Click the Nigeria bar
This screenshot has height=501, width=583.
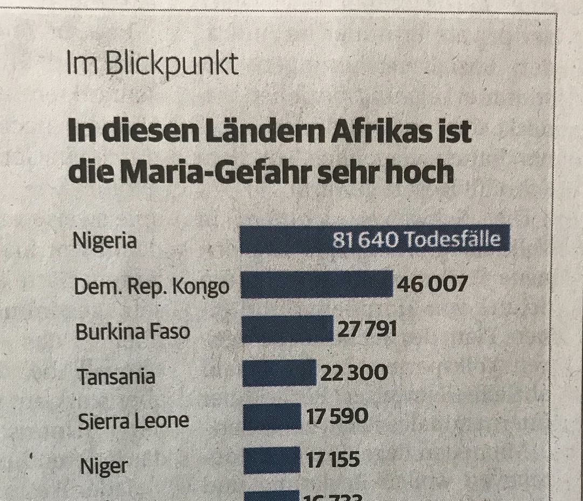coord(286,239)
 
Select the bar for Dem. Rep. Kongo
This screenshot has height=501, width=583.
coord(316,284)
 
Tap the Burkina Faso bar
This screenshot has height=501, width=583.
coord(287,329)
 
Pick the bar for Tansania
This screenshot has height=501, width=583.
coord(279,373)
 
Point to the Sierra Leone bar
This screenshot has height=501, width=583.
coord(272,417)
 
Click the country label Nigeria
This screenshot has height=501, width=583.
coord(105,241)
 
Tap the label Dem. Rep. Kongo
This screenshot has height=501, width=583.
coord(152,287)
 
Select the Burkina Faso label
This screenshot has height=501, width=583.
coord(133,331)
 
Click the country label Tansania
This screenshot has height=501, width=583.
coord(117,376)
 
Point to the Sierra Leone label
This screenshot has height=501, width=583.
coord(133,420)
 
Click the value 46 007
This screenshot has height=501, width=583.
coord(432,284)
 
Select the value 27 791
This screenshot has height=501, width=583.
coord(367,329)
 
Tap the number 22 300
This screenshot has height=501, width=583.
coord(354,372)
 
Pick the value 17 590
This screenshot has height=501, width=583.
coord(337,416)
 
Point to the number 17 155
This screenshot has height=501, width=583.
coord(333,460)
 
